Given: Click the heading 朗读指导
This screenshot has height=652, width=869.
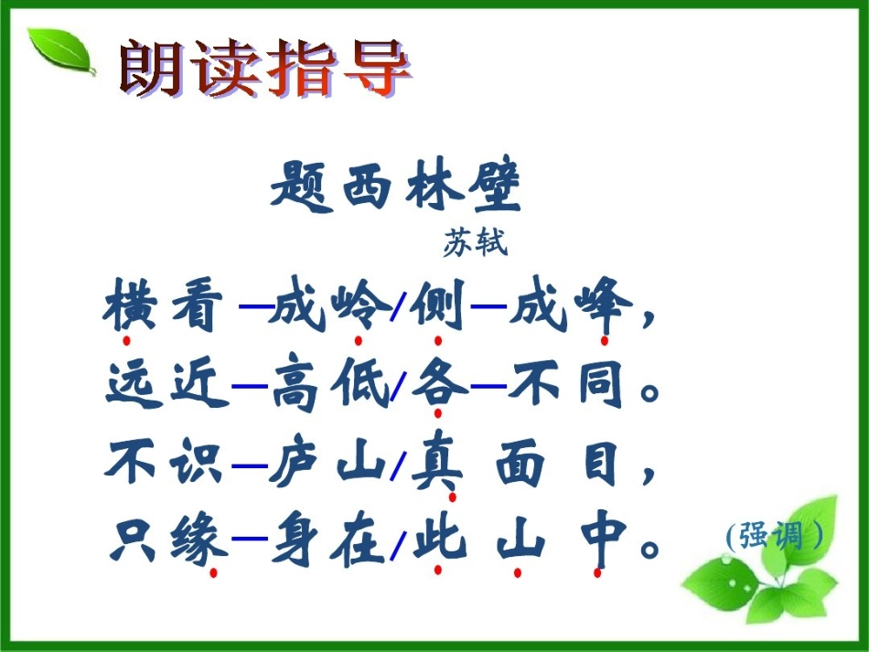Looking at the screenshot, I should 264,68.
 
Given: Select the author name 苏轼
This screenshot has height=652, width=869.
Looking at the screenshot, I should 475,243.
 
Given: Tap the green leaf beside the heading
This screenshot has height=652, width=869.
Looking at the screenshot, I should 60,51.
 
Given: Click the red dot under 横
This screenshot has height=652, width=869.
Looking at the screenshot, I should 126,341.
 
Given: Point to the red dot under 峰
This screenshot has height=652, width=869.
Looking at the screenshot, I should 604,341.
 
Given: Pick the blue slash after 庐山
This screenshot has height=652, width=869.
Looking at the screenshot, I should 396,469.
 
